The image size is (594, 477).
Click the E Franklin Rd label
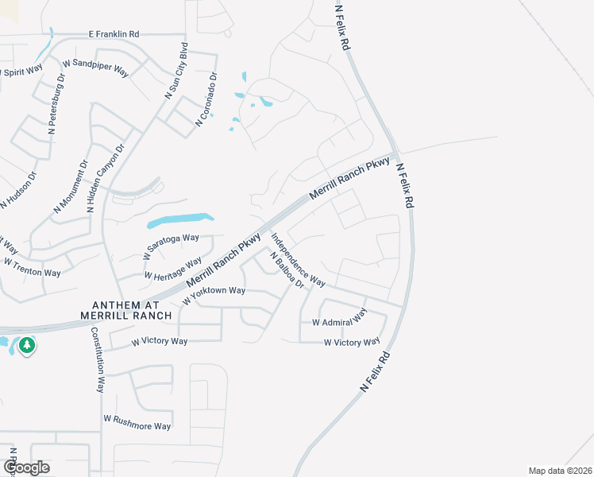click(113, 35)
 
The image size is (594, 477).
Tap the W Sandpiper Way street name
click(95, 68)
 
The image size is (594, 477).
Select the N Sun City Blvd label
click(176, 70)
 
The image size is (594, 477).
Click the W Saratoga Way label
click(171, 247)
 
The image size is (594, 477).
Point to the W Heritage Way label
click(172, 269)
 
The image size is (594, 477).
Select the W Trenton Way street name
click(33, 267)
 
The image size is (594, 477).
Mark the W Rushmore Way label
click(137, 421)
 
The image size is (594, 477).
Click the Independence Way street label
click(299, 259)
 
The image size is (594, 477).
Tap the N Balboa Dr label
click(287, 270)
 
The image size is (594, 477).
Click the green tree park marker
click(27, 346)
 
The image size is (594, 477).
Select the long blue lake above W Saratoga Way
click(180, 219)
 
